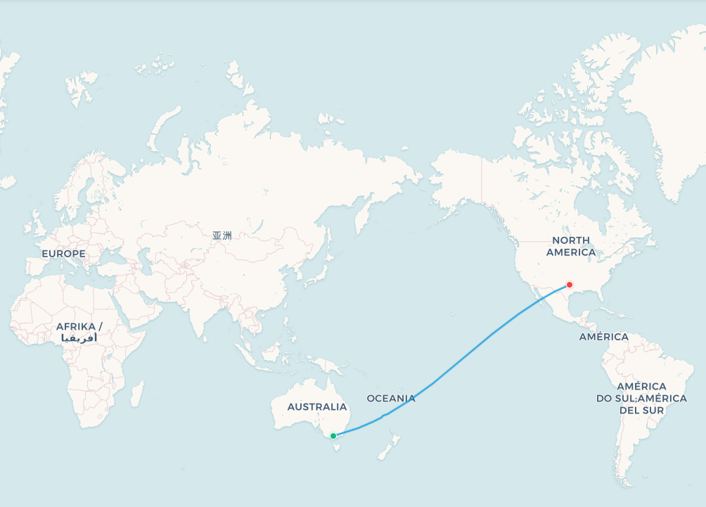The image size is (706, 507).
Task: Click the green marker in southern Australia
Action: pyautogui.click(x=333, y=436)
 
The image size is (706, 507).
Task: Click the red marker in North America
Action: pyautogui.click(x=569, y=285)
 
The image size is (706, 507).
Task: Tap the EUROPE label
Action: pyautogui.click(x=63, y=253)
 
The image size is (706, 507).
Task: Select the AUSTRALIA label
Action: pyautogui.click(x=316, y=406)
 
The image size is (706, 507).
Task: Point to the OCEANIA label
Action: pyautogui.click(x=391, y=399)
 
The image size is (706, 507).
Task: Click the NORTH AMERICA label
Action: pyautogui.click(x=570, y=246)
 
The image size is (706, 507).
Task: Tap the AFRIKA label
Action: pyautogui.click(x=79, y=326)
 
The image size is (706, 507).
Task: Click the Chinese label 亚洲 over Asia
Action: pyautogui.click(x=222, y=236)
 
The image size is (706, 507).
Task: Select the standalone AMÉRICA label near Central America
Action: pyautogui.click(x=603, y=337)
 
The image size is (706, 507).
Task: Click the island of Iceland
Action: pyautogui.click(x=7, y=182)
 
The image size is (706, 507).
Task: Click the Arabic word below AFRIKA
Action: pyautogui.click(x=79, y=338)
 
